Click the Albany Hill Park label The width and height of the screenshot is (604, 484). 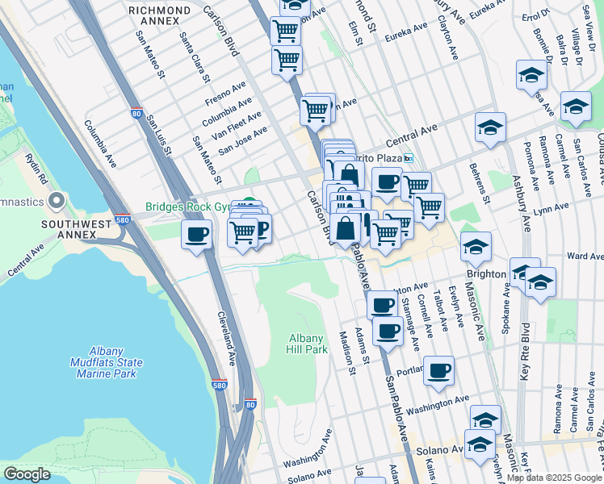click(x=307, y=344)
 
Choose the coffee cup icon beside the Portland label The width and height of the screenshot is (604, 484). click(x=439, y=370)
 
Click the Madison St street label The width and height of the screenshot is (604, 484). click(x=347, y=353)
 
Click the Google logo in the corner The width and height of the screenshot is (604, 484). click(x=27, y=474)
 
